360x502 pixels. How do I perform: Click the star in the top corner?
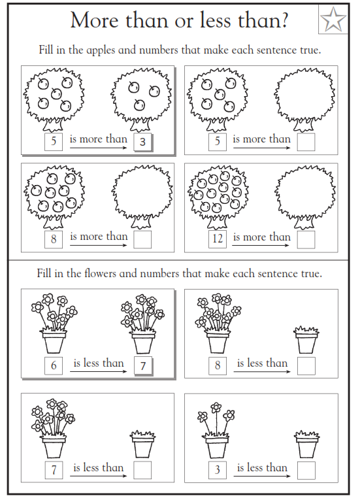(x=334, y=20)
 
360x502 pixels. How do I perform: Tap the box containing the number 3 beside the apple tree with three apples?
(x=142, y=142)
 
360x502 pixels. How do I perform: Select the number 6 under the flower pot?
(x=54, y=365)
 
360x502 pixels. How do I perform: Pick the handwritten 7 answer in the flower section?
(x=142, y=365)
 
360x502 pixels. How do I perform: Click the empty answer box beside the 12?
(x=306, y=239)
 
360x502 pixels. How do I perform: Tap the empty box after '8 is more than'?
(x=142, y=239)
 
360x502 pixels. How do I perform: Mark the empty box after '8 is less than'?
(x=306, y=365)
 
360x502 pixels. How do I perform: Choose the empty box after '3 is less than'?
(x=306, y=469)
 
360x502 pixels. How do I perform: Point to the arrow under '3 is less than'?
(x=261, y=476)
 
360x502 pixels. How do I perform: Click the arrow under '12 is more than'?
(x=261, y=246)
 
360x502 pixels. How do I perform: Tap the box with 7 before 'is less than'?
(x=54, y=469)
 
